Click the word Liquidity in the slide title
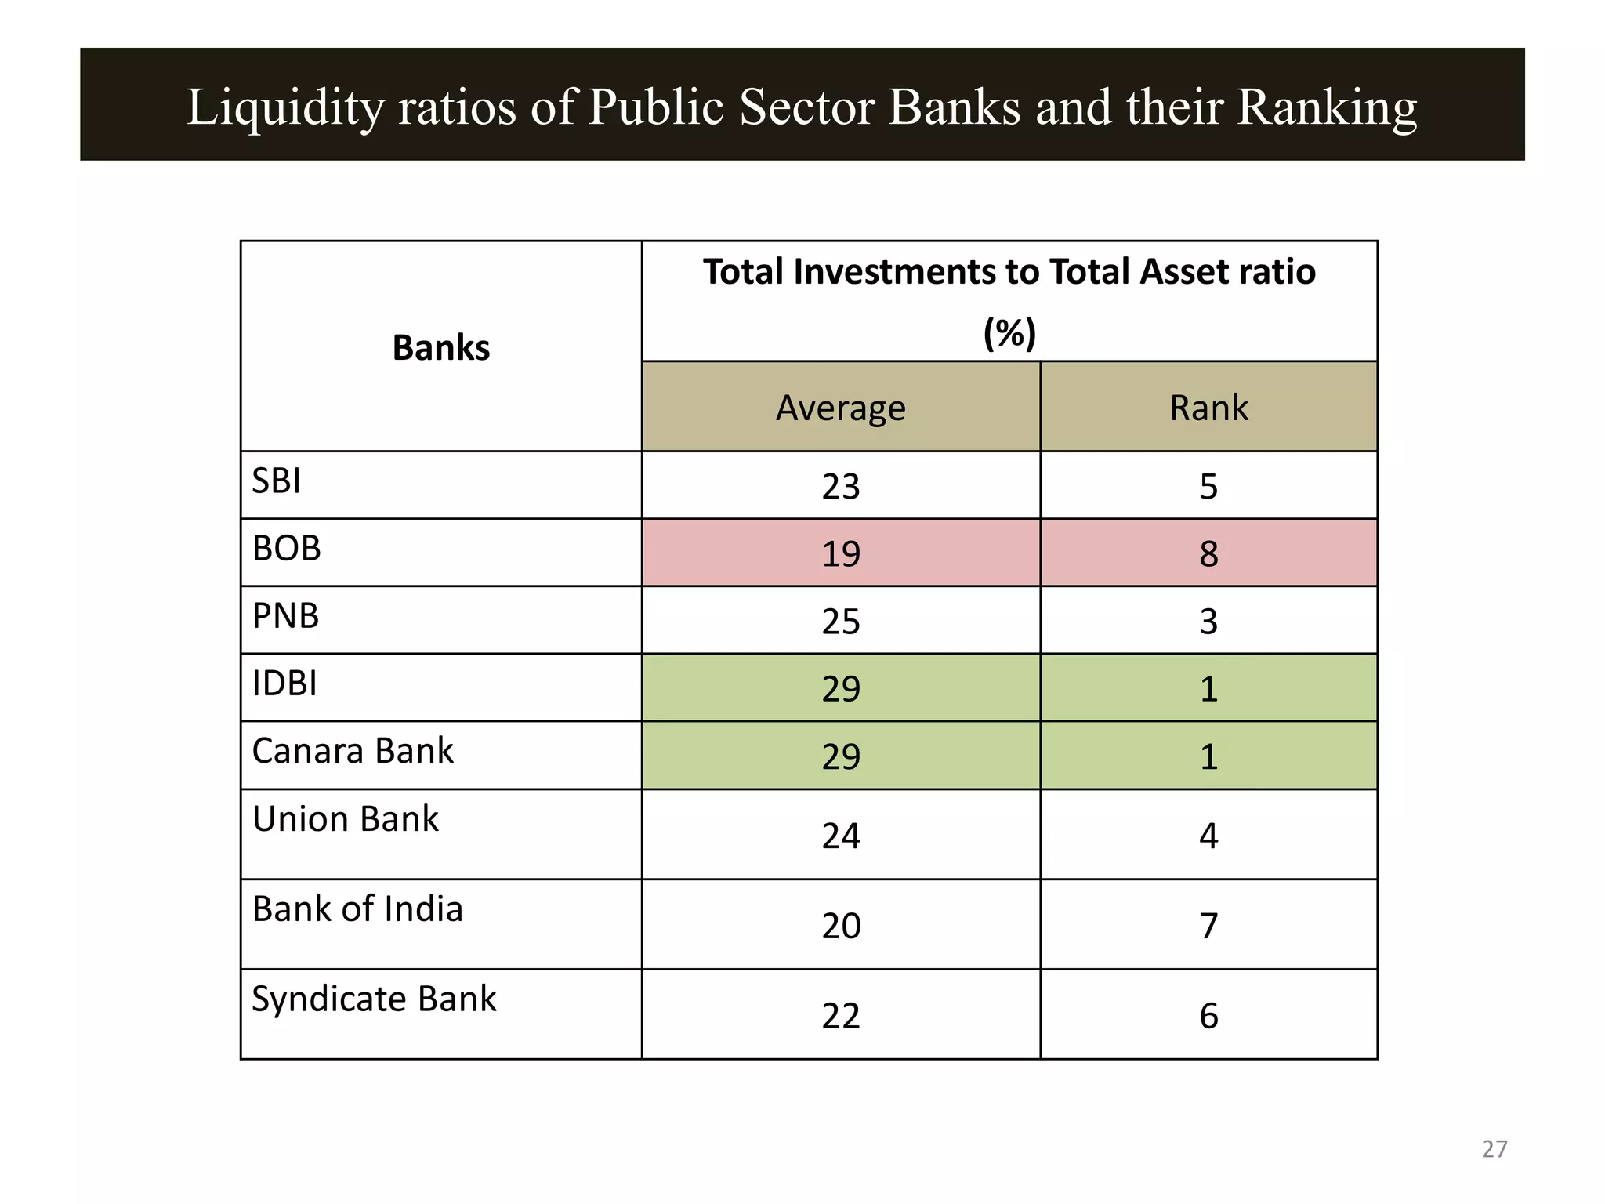click(285, 108)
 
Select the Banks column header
click(441, 347)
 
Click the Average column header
click(841, 408)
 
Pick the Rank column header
click(1208, 408)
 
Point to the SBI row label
click(276, 481)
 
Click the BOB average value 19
click(841, 553)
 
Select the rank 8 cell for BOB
click(1208, 553)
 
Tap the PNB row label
click(285, 616)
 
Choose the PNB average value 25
click(841, 621)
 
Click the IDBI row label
click(284, 684)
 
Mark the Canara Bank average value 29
click(841, 756)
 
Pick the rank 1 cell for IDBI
click(1208, 688)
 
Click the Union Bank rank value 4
click(1208, 836)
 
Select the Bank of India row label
click(357, 909)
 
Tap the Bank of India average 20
click(841, 926)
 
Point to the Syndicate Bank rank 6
click(1208, 1016)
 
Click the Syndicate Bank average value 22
click(841, 1016)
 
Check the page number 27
click(1494, 1149)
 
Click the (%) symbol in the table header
click(1009, 333)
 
